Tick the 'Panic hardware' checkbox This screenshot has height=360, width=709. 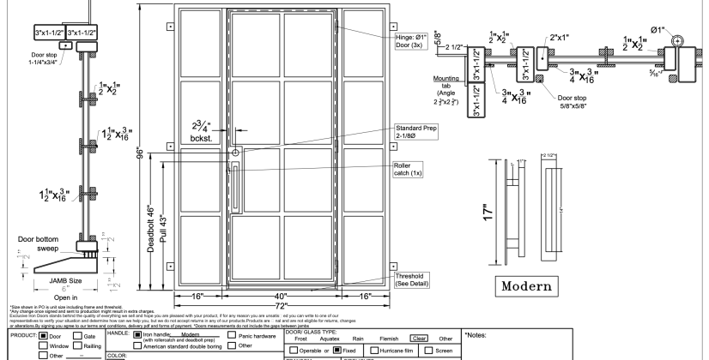click(231, 336)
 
